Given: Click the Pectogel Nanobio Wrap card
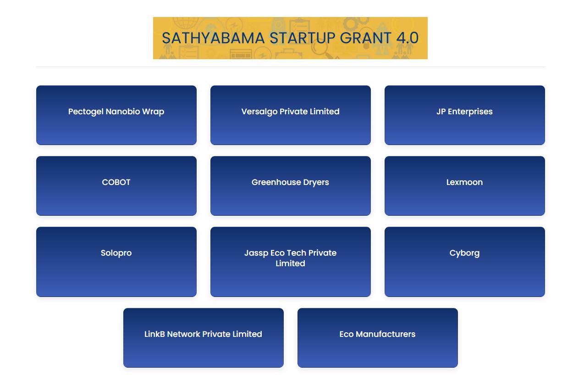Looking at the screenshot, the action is [116, 115].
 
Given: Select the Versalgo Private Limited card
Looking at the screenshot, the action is [291, 115].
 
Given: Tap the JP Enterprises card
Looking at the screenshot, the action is [465, 115].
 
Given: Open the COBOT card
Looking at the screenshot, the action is [116, 186].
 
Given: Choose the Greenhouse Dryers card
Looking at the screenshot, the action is [291, 186].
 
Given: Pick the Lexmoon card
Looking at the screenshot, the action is [465, 186].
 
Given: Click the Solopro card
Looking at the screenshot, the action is [116, 262].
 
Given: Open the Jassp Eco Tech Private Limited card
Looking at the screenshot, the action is [291, 262].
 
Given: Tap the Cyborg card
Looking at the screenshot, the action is [465, 262].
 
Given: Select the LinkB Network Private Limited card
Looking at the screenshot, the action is [204, 338].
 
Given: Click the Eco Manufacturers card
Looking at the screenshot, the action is [378, 338].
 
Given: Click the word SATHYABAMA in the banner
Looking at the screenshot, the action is [213, 38].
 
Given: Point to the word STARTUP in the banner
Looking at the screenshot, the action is [302, 38].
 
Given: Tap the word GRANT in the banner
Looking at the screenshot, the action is [365, 38].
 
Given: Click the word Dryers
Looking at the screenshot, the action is [316, 183].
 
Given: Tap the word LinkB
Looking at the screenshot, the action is [154, 334].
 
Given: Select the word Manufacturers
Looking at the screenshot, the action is [386, 334].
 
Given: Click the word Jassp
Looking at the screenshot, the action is [256, 253].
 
